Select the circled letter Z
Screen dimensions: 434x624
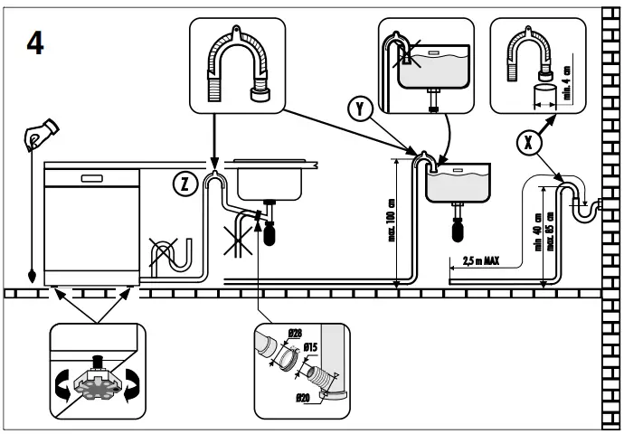184,184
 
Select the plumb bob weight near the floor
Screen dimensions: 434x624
33,275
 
